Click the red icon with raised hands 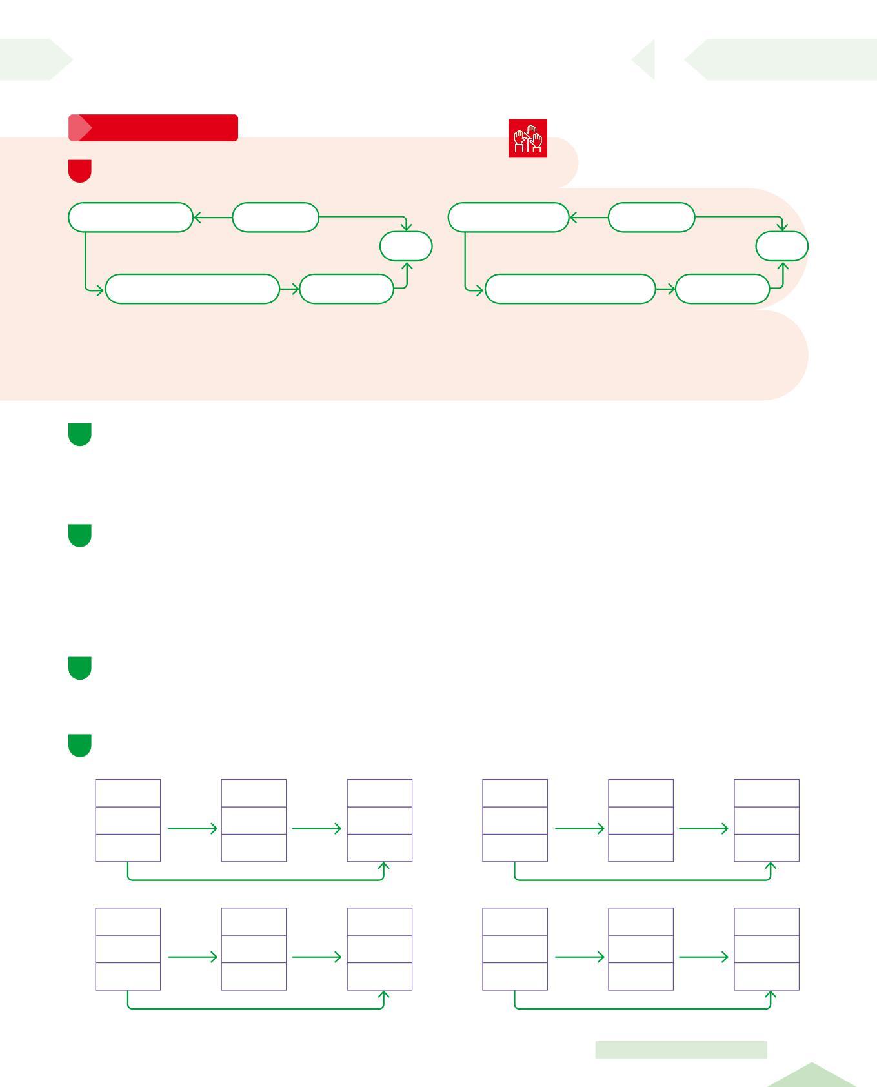527,138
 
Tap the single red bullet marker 79,171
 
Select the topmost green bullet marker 79,434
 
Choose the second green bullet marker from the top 79,536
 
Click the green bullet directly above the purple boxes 79,745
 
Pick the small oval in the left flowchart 406,246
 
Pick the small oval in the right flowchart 781,247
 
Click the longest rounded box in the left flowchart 192,289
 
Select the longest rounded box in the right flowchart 570,289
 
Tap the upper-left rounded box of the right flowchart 509,217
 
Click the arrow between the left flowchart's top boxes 212,218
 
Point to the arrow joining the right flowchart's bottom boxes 665,289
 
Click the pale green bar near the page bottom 681,1050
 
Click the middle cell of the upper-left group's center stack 254,820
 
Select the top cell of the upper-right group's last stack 767,793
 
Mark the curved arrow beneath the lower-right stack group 642,1007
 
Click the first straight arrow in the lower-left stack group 192,957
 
